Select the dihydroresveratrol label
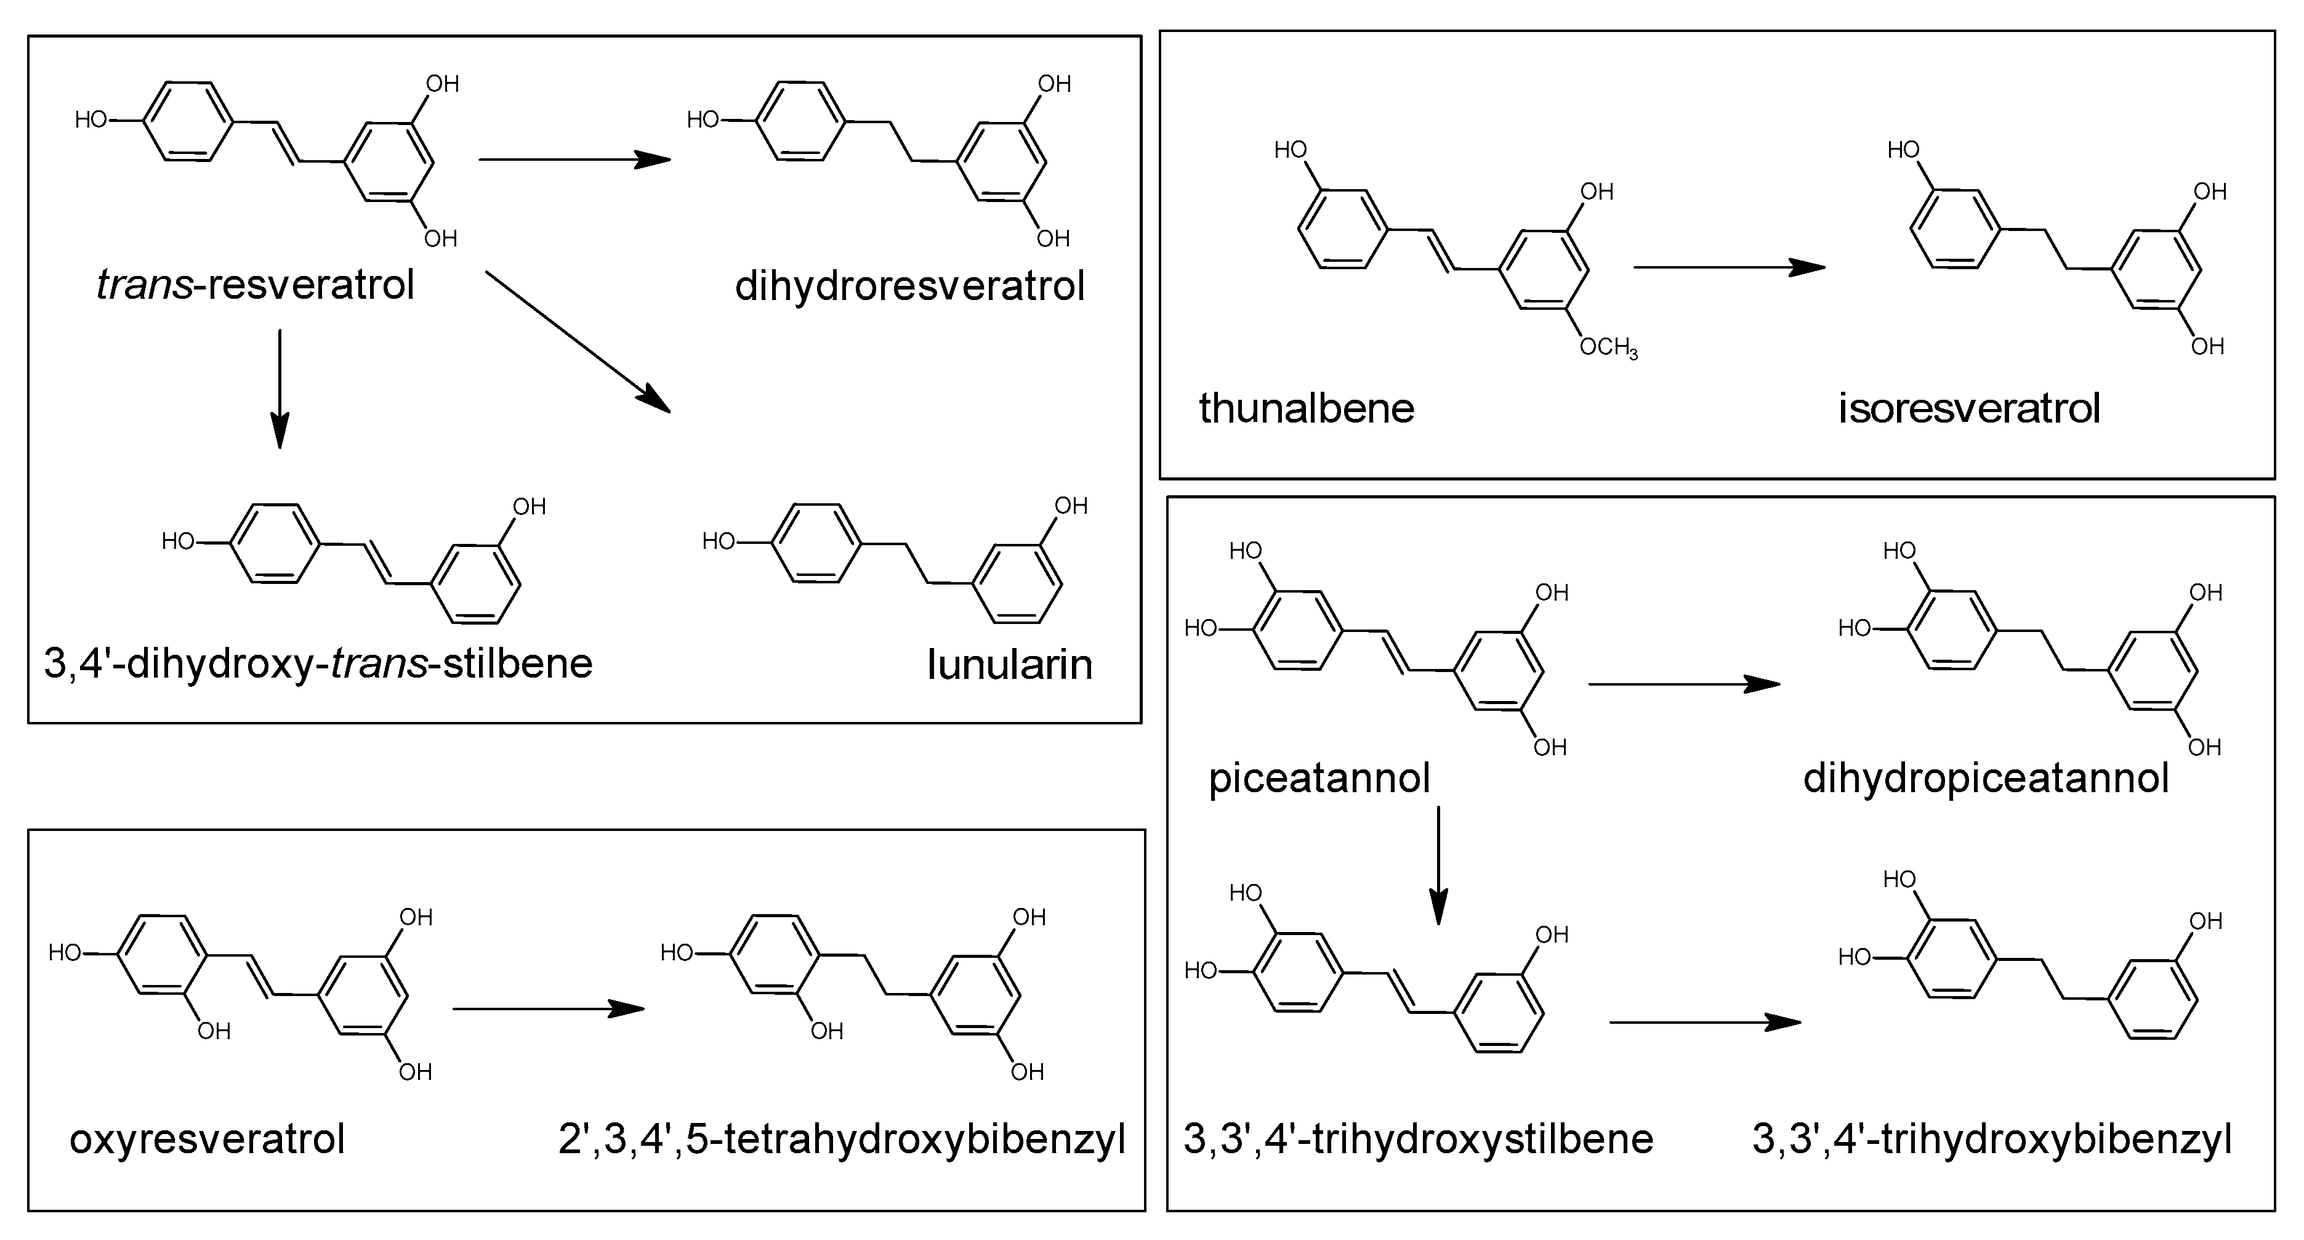pyautogui.click(x=909, y=286)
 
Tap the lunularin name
pyautogui.click(x=1010, y=665)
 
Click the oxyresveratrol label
pyautogui.click(x=207, y=1140)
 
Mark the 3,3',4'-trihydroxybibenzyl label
pyautogui.click(x=1992, y=1140)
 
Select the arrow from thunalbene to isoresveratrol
pyautogui.click(x=1728, y=267)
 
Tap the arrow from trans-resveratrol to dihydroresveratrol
pyautogui.click(x=574, y=160)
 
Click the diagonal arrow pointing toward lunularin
pyautogui.click(x=578, y=342)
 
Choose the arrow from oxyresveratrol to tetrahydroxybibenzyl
pyautogui.click(x=547, y=1009)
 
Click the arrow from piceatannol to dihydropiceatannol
pyautogui.click(x=1683, y=684)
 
